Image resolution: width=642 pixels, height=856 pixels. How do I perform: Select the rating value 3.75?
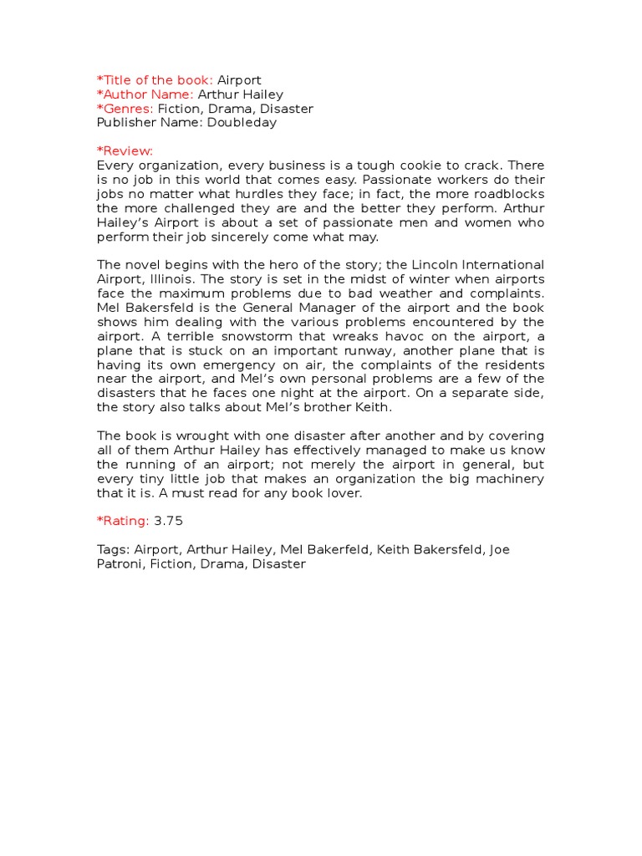tap(168, 522)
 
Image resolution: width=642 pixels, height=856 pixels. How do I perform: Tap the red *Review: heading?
tap(125, 151)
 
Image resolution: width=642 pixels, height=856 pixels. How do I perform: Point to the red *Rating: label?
tap(123, 522)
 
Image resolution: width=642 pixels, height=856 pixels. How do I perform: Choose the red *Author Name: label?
tap(145, 94)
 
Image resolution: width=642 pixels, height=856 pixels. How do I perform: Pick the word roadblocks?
tap(507, 194)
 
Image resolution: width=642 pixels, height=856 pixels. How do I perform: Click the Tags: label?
tap(113, 550)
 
